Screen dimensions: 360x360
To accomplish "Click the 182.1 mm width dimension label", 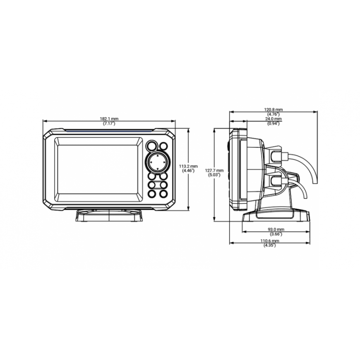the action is pos(109,119).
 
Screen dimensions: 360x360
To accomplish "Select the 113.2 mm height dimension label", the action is pos(188,166).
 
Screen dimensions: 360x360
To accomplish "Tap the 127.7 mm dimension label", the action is pos(214,170).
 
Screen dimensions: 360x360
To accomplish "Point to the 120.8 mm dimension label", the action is pos(274,110).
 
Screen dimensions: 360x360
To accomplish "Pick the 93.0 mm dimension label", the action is pos(276,229).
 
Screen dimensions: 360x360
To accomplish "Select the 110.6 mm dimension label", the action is pos(270,241).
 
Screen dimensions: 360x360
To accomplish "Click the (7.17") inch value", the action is pos(109,124).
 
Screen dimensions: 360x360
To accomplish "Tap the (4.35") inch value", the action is pos(270,245).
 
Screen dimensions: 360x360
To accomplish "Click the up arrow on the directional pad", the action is pos(158,156).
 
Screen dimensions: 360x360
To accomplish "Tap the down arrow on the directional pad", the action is pos(158,169).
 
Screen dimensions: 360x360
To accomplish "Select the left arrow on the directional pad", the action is pos(151,163).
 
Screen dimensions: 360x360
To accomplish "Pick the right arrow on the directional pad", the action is pos(164,163).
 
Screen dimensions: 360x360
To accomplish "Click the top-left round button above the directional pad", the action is pos(152,146).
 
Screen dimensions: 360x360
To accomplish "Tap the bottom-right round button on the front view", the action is pos(163,194).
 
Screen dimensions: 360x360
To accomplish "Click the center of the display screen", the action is pos(98,169).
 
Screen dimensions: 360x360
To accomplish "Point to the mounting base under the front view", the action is pos(109,215).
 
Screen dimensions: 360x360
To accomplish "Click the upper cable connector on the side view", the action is pos(276,156).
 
